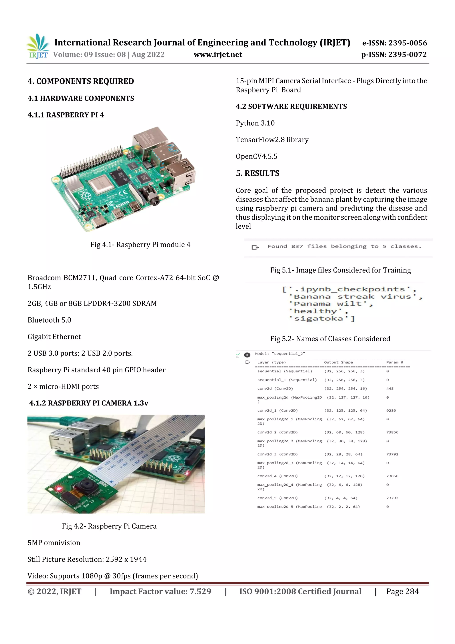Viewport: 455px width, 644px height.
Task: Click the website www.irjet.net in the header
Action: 218,55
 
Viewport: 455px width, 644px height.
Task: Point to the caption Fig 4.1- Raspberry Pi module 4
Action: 140,245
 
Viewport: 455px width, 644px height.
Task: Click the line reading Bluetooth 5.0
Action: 49,320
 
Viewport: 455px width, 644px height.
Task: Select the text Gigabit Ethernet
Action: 54,337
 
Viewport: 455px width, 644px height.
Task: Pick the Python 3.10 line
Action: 255,123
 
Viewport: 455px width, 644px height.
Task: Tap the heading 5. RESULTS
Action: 257,173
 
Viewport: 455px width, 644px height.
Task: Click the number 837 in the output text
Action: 297,247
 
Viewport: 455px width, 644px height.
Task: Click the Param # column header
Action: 394,362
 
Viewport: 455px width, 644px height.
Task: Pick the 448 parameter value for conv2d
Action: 390,389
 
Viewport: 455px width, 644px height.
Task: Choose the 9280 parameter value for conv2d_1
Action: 391,410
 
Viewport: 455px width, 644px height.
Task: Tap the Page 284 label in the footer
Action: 402,592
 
